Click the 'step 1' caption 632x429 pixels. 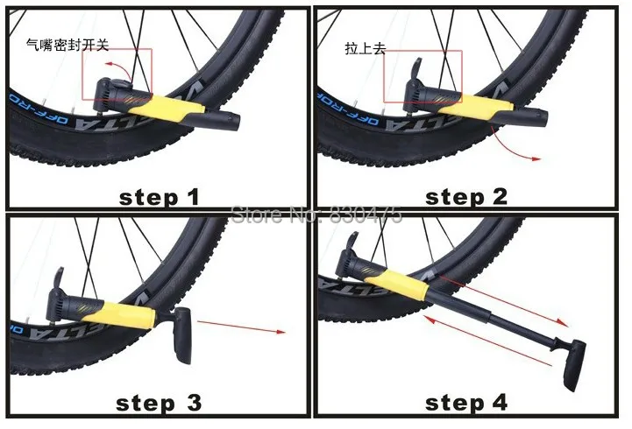click(x=159, y=196)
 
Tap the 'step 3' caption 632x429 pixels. click(x=159, y=403)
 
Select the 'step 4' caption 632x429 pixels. click(x=465, y=403)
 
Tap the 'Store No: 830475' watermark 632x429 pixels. click(x=315, y=213)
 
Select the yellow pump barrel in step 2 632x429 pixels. click(x=474, y=106)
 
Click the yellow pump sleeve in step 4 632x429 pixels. click(x=403, y=283)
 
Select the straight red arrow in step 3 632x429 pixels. click(x=241, y=327)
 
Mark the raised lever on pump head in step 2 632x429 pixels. click(x=419, y=70)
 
